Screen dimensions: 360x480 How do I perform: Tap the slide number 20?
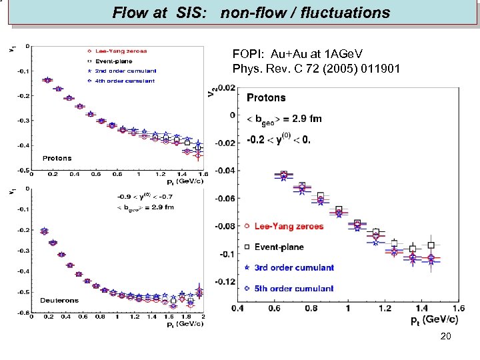(445, 337)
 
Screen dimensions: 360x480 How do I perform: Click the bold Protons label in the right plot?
(266, 97)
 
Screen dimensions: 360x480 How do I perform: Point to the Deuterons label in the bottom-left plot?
(60, 301)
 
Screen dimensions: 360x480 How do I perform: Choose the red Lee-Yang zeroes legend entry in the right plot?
(289, 227)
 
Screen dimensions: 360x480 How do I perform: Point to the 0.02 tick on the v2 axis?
(227, 87)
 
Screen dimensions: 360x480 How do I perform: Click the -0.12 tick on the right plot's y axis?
(225, 281)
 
